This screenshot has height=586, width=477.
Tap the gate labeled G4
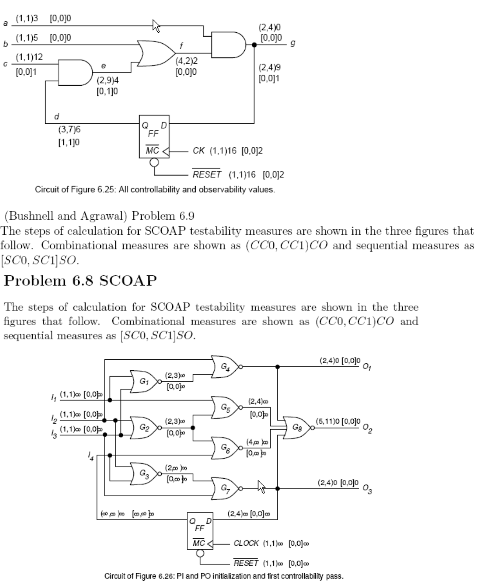[225, 366]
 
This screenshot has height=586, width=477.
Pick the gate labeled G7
[225, 488]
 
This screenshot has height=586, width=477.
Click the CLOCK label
[246, 543]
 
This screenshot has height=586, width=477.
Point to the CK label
[199, 151]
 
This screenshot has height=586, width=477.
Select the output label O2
[367, 428]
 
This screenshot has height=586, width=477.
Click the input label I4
[91, 458]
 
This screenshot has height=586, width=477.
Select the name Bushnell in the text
[34, 216]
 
